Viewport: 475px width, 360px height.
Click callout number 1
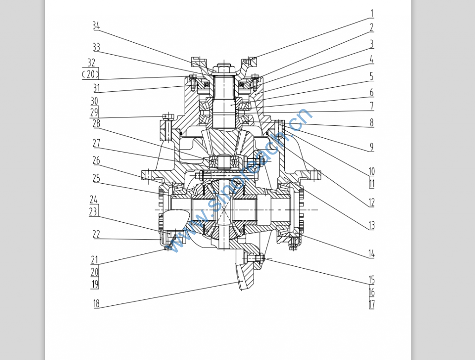tap(372, 13)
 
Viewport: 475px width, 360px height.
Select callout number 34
tap(96, 26)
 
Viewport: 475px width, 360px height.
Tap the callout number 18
tap(96, 304)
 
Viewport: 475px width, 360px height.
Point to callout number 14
tap(371, 254)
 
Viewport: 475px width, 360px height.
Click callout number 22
tap(96, 235)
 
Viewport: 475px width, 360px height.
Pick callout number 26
tap(96, 161)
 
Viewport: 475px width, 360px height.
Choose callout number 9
tap(371, 147)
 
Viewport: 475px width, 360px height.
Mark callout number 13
tap(371, 225)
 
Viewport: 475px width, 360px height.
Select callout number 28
tap(96, 123)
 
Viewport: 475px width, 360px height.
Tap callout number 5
tap(371, 77)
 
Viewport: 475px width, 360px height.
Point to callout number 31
tap(96, 88)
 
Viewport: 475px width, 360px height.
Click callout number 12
tap(371, 202)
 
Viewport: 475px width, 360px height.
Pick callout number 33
tap(96, 47)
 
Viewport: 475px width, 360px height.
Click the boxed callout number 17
tap(371, 304)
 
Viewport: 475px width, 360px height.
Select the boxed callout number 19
tap(95, 284)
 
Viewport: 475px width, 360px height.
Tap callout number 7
tap(371, 106)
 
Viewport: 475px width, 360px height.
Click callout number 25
tap(96, 178)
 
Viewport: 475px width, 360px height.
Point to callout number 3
tap(372, 45)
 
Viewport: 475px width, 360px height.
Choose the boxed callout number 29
tap(94, 112)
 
